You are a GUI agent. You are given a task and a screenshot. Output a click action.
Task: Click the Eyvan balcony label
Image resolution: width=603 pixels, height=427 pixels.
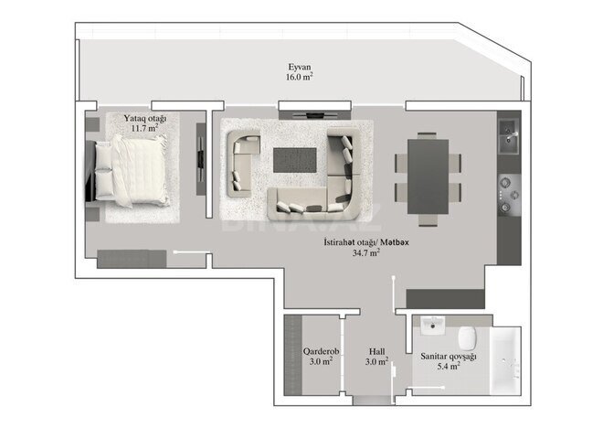[299, 67]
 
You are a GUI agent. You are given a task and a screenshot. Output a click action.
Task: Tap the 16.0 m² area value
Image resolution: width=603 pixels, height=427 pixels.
[299, 77]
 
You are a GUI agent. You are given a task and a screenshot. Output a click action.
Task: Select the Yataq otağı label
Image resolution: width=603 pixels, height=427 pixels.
[145, 119]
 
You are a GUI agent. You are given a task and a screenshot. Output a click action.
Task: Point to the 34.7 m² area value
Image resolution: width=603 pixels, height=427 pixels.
[366, 253]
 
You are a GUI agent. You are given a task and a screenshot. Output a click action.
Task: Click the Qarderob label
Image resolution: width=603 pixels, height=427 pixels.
[321, 351]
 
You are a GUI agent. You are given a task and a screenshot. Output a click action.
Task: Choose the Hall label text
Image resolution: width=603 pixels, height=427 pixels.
[376, 351]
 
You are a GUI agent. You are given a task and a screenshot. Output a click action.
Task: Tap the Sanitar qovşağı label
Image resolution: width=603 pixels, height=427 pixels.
[449, 357]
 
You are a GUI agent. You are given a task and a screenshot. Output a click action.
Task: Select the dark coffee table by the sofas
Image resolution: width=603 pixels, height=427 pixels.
[295, 161]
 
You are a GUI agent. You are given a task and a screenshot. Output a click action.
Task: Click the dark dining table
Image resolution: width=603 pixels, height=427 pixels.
[428, 176]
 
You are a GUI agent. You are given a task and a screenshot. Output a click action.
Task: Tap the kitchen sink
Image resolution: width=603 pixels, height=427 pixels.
[509, 136]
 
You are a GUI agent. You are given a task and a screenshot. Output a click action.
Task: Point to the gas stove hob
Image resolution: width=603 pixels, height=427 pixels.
[509, 195]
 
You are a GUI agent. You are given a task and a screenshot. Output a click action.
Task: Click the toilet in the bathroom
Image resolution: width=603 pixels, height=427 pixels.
[468, 336]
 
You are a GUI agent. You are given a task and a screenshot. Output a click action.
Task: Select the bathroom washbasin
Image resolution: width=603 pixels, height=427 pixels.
[433, 326]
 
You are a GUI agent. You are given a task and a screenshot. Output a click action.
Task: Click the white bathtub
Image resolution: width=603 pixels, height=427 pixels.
[505, 361]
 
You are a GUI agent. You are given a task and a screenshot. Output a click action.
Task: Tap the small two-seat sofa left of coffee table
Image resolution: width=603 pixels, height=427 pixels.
[243, 165]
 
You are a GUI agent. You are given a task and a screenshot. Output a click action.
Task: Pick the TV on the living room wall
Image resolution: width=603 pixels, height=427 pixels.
[314, 114]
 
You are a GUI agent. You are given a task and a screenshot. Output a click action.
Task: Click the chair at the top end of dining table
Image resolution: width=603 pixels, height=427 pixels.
[427, 135]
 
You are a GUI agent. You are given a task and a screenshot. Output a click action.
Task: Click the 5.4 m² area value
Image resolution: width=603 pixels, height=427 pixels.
[449, 366]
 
